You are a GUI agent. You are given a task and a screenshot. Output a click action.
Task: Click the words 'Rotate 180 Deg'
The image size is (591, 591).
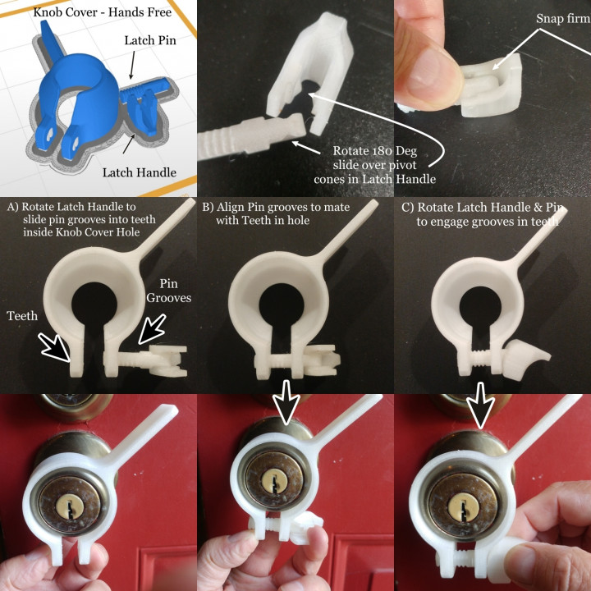pos(374,151)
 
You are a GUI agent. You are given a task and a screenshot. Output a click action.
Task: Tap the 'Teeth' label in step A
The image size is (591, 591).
pos(22,315)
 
